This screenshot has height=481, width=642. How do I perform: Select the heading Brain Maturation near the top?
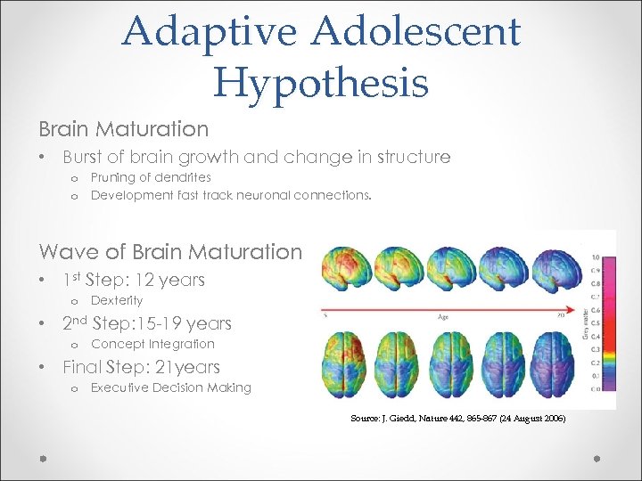pyautogui.click(x=123, y=129)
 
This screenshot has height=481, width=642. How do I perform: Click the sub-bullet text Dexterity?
pyautogui.click(x=117, y=301)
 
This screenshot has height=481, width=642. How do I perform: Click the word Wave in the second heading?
pyautogui.click(x=70, y=252)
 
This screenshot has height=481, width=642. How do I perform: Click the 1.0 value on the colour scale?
pyautogui.click(x=596, y=259)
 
